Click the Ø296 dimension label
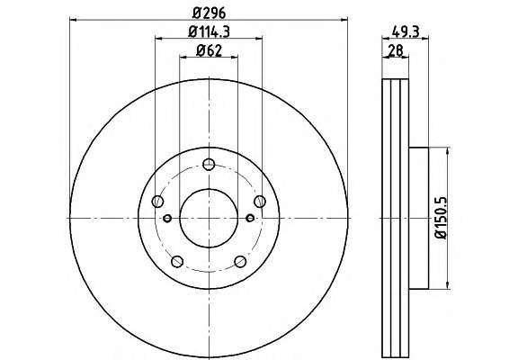[x=209, y=13]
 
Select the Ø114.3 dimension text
[x=209, y=31]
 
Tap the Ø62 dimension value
[x=209, y=50]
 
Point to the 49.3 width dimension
[x=406, y=31]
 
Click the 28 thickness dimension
[x=396, y=50]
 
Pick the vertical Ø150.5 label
[x=442, y=218]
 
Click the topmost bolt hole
[x=209, y=164]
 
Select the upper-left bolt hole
[x=157, y=202]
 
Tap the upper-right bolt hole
[x=260, y=202]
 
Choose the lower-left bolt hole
[x=177, y=262]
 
